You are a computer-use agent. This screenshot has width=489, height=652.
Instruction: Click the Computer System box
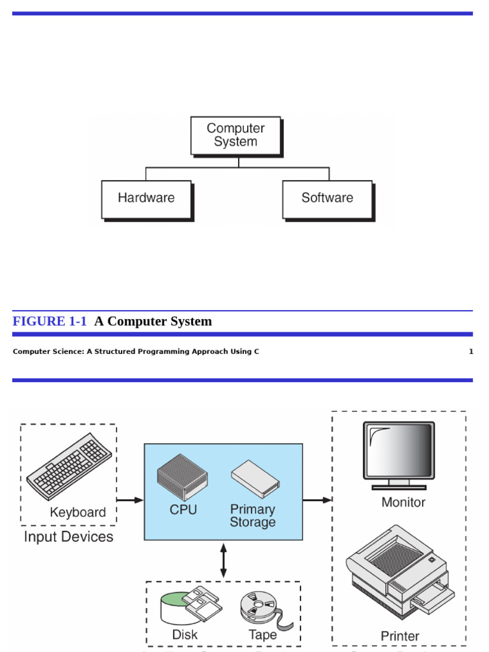(x=236, y=135)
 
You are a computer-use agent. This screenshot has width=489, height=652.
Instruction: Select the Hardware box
(x=146, y=199)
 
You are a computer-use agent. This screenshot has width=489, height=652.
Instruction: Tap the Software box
(x=327, y=199)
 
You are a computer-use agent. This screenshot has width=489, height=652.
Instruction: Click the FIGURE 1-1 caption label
(x=50, y=322)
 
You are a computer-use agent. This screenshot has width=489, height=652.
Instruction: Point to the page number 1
(x=471, y=351)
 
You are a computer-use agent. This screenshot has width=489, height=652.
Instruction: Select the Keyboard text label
(x=78, y=513)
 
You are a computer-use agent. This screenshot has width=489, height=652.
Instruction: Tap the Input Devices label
(x=68, y=537)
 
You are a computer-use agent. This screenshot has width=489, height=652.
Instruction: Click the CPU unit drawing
(x=183, y=477)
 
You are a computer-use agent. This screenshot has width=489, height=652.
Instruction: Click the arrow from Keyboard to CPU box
(x=131, y=500)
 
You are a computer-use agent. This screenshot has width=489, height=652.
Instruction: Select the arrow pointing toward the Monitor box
(x=317, y=500)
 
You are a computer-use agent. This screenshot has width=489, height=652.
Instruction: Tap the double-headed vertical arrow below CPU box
(x=223, y=560)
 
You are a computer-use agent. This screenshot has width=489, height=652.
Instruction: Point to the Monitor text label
(x=403, y=502)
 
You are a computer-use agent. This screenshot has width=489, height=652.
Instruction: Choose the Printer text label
(x=400, y=636)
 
